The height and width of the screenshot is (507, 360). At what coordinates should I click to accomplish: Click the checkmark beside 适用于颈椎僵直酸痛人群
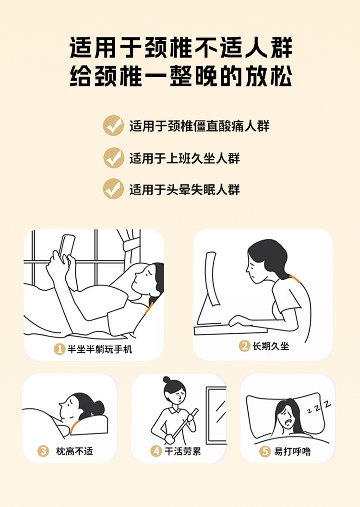coord(113,126)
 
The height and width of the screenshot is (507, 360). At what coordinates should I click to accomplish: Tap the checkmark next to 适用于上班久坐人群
coord(114,158)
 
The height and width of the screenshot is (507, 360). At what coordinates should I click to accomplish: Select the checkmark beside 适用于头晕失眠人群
coord(113,189)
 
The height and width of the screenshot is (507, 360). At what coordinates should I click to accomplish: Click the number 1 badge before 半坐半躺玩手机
coord(60,349)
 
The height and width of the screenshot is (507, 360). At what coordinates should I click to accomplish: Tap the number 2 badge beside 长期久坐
coord(244,346)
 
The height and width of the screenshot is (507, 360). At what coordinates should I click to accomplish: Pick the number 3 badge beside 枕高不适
coord(43,451)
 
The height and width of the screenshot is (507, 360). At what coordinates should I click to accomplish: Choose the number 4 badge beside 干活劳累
coord(156,451)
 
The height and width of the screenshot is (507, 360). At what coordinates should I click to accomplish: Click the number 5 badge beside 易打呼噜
coord(265,451)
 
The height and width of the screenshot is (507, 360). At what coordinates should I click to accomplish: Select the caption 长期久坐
coord(271,346)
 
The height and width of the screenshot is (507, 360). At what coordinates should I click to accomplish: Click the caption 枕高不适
coord(74,451)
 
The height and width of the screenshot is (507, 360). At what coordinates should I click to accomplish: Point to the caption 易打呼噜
coord(292,451)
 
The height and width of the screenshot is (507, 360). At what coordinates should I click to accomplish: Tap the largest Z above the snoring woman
coord(327,404)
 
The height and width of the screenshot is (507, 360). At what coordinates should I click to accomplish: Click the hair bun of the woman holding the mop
coord(167,379)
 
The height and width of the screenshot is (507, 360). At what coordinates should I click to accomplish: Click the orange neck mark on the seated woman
coord(295,278)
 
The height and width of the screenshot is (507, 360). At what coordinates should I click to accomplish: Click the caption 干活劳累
coord(183,451)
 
